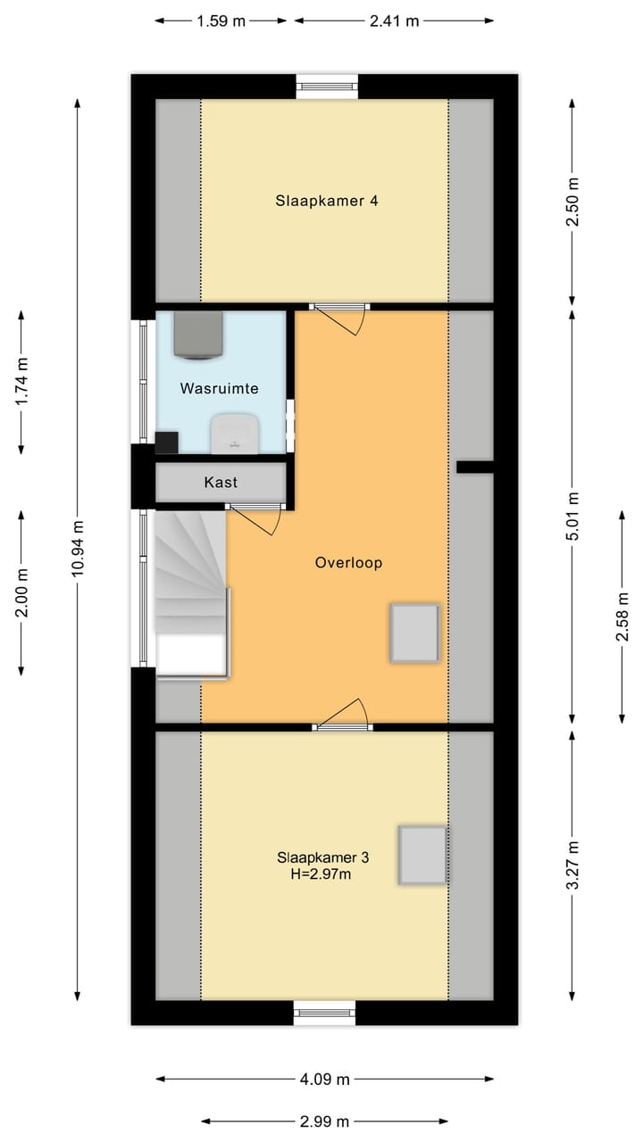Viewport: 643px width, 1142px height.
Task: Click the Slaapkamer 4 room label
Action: (326, 201)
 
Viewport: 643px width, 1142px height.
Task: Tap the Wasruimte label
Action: (219, 389)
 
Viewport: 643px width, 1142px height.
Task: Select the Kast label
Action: (221, 482)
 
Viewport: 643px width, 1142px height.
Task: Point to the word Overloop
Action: (348, 563)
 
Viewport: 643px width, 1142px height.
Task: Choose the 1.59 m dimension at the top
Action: (221, 21)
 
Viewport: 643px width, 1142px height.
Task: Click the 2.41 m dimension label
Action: (394, 21)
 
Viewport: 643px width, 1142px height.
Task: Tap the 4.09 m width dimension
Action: (324, 1079)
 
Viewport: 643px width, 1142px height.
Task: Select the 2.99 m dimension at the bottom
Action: (324, 1121)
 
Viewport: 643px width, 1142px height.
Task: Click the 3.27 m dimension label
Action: (572, 865)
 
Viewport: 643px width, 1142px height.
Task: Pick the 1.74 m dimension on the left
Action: (22, 382)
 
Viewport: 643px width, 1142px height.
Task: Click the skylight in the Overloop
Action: (414, 633)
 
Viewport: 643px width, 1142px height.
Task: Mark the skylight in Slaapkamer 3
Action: (422, 855)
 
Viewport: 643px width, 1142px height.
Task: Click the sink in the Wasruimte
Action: (235, 434)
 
